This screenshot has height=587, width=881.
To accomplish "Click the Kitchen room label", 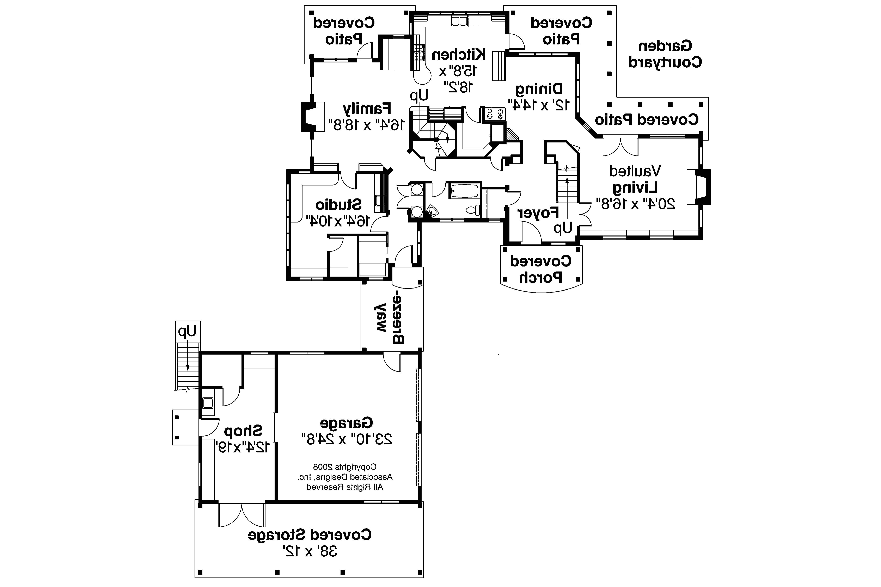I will [459, 55].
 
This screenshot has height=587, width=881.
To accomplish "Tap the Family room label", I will [367, 109].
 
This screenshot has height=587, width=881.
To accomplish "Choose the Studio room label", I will [338, 205].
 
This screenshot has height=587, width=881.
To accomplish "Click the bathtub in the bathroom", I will [464, 191].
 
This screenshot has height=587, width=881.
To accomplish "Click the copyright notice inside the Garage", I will [345, 477].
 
